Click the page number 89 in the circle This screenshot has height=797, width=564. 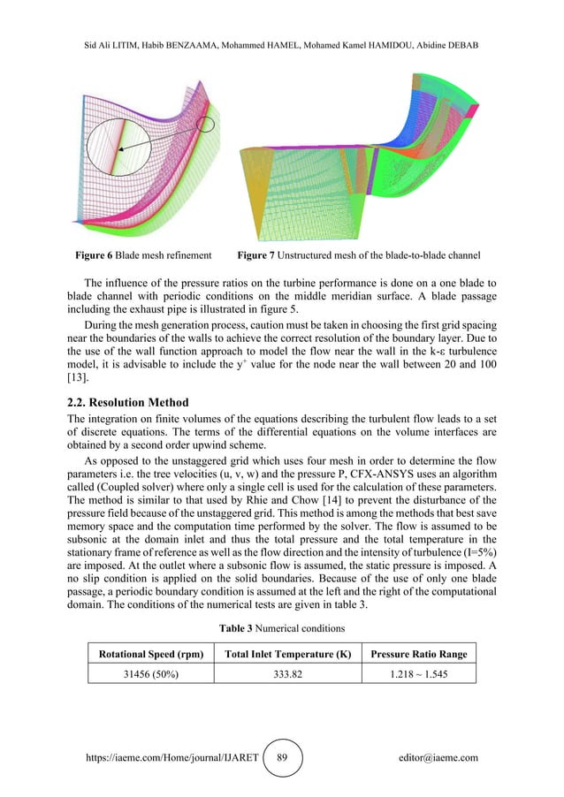pos(282,757)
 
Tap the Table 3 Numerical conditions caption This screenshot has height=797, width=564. pos(282,628)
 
